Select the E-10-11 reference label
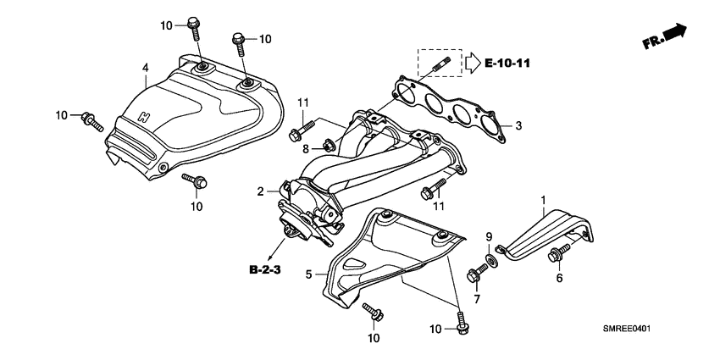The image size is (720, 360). tap(512, 62)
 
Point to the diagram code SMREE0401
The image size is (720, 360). tap(632, 329)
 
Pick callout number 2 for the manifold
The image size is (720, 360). tap(262, 191)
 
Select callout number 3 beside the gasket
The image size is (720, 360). tap(518, 125)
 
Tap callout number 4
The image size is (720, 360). tap(145, 67)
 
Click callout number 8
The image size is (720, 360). tap(307, 148)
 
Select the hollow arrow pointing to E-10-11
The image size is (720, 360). tap(471, 62)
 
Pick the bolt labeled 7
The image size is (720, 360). tap(474, 275)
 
